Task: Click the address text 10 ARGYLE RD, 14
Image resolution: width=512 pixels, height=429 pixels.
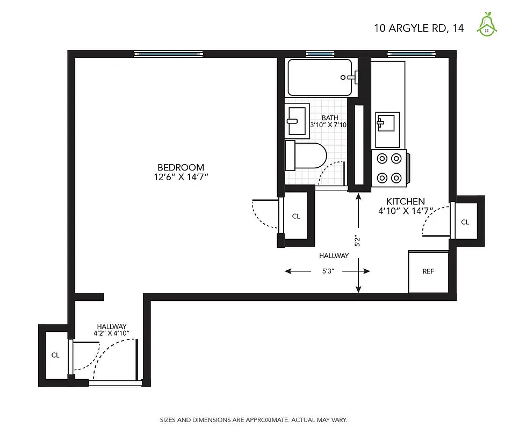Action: click(x=419, y=27)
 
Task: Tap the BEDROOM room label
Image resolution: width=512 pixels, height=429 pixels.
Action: click(x=181, y=167)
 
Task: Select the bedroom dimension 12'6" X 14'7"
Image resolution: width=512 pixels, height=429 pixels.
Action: click(x=181, y=176)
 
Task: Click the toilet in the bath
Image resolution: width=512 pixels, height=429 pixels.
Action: click(x=306, y=156)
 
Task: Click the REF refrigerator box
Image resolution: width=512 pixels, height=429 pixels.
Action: click(x=428, y=271)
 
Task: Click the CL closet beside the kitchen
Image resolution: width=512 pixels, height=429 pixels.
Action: click(x=465, y=222)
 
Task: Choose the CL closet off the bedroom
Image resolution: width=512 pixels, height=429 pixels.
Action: click(x=296, y=217)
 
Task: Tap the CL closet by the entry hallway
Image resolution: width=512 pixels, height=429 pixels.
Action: click(x=55, y=355)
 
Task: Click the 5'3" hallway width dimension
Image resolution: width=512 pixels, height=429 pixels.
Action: click(x=328, y=271)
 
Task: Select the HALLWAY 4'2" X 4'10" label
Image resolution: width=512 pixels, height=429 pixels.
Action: click(x=112, y=330)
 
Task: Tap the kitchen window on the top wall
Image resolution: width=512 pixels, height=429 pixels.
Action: click(x=410, y=54)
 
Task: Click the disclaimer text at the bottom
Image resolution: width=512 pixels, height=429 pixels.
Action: click(x=256, y=419)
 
